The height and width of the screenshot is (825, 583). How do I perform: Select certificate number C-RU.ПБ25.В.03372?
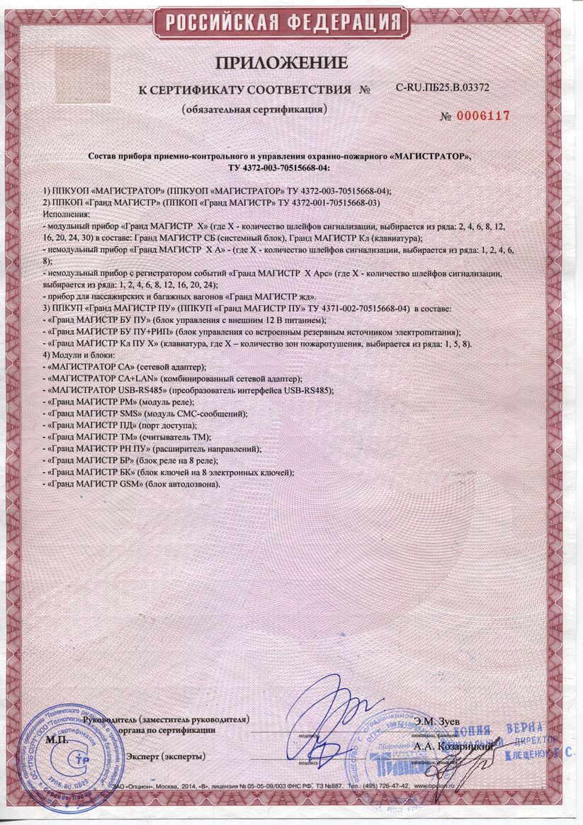click(x=442, y=88)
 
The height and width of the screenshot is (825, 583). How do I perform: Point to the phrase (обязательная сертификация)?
click(x=254, y=110)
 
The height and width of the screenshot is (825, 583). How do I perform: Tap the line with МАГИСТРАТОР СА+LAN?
click(x=174, y=378)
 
